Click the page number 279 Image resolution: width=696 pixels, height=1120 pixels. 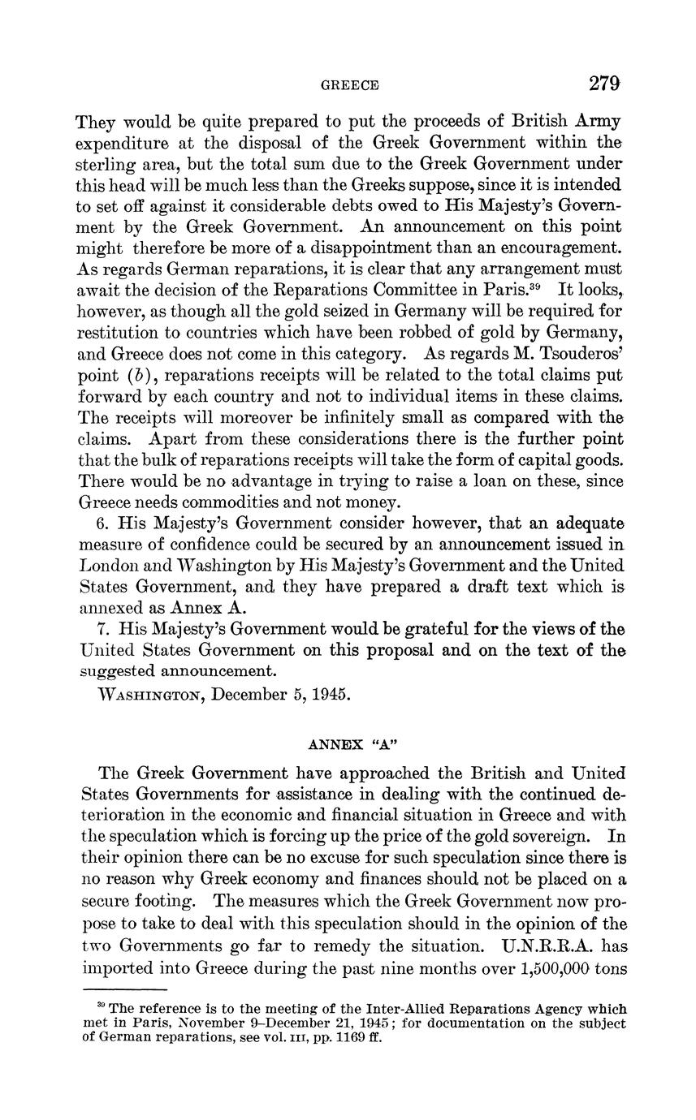click(605, 84)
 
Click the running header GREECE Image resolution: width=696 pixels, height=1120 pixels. click(350, 85)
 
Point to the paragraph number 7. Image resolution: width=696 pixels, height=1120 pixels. click(101, 628)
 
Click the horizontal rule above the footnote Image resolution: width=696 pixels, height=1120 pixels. click(125, 989)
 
